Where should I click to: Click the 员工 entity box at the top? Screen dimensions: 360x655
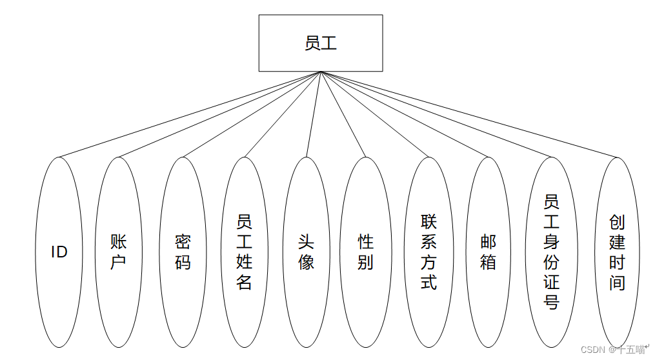[x=321, y=43]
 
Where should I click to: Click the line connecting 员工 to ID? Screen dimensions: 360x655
[x=190, y=114]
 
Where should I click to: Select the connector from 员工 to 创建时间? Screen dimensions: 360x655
[x=469, y=114]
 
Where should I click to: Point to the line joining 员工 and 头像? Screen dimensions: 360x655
[x=314, y=114]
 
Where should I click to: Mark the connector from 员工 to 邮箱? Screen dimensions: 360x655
[x=404, y=114]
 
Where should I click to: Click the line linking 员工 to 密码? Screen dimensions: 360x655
[x=252, y=114]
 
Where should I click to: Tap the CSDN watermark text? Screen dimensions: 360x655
[x=613, y=350]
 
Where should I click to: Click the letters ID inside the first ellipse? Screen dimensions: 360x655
[x=59, y=252]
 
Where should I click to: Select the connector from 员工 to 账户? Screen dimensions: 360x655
[x=219, y=114]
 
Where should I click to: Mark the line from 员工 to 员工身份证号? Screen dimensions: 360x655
[x=436, y=114]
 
